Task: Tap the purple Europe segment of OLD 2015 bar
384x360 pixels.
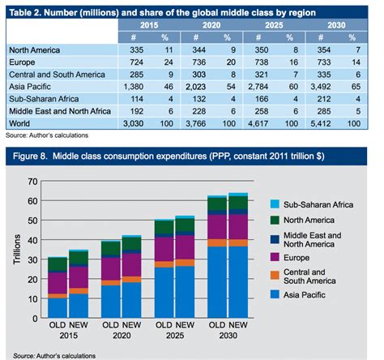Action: pyautogui.click(x=58, y=281)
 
